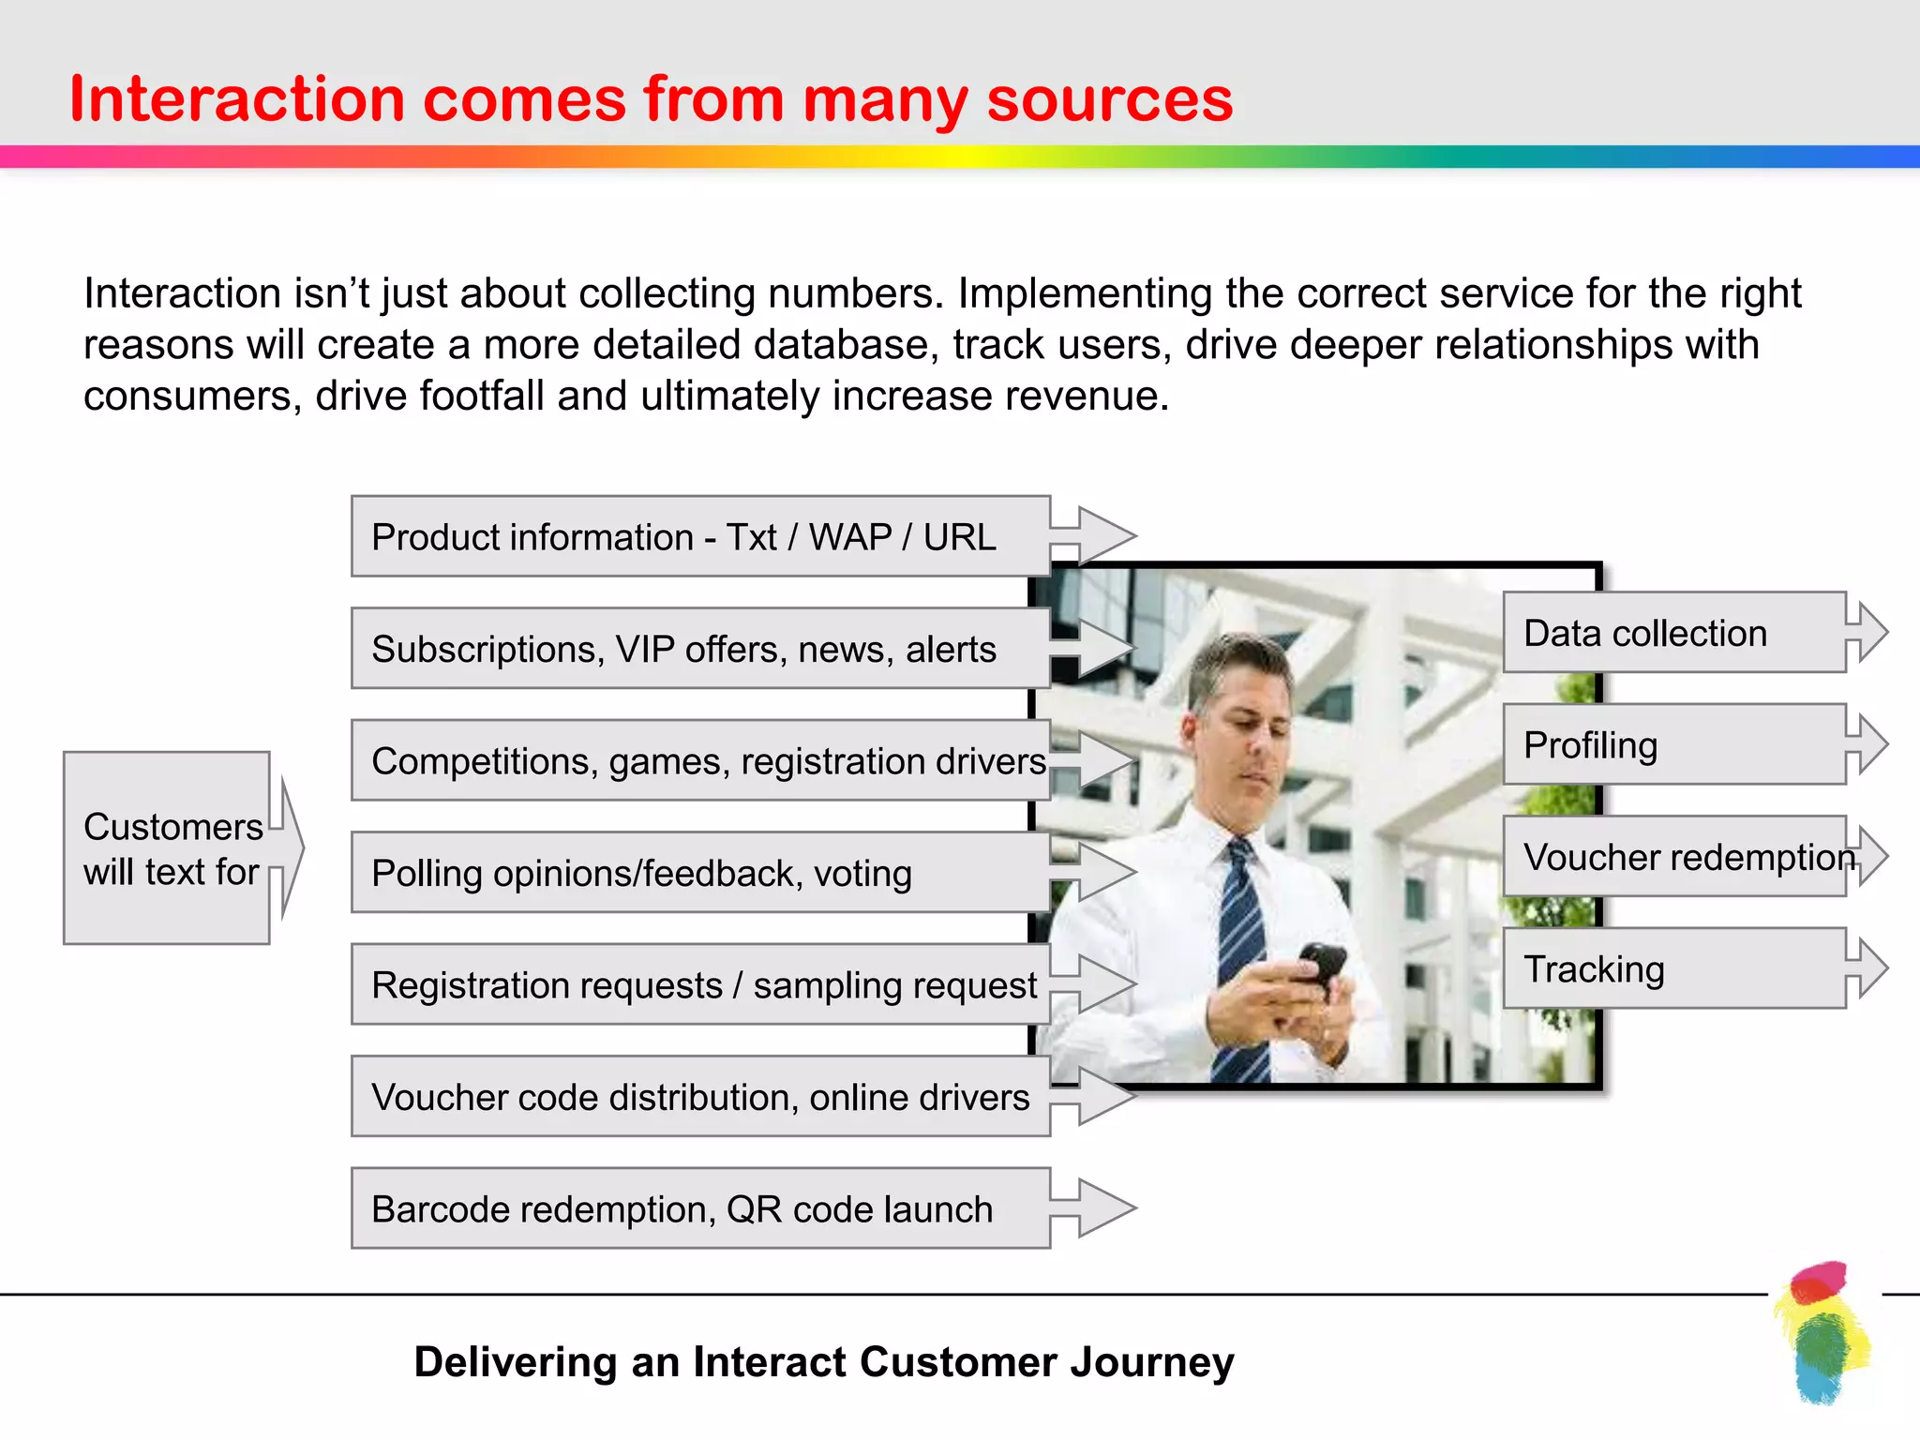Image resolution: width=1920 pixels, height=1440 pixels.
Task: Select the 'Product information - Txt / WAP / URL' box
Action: coord(699,536)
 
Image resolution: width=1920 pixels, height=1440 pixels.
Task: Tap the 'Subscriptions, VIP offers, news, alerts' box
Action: coord(699,649)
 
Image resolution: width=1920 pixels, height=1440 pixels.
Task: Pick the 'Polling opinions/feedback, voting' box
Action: coord(699,873)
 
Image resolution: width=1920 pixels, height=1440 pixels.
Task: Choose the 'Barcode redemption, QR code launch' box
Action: coord(699,1208)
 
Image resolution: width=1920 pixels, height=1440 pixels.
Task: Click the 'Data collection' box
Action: coord(1674,633)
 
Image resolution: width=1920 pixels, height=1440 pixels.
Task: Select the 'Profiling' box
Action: coord(1674,744)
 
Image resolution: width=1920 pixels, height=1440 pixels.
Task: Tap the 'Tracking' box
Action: coord(1674,968)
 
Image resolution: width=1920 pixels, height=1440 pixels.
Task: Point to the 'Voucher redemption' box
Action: coord(1674,857)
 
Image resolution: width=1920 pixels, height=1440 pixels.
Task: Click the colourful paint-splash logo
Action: coord(1821,1331)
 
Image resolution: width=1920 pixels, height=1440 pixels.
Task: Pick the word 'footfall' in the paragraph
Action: coord(481,396)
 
